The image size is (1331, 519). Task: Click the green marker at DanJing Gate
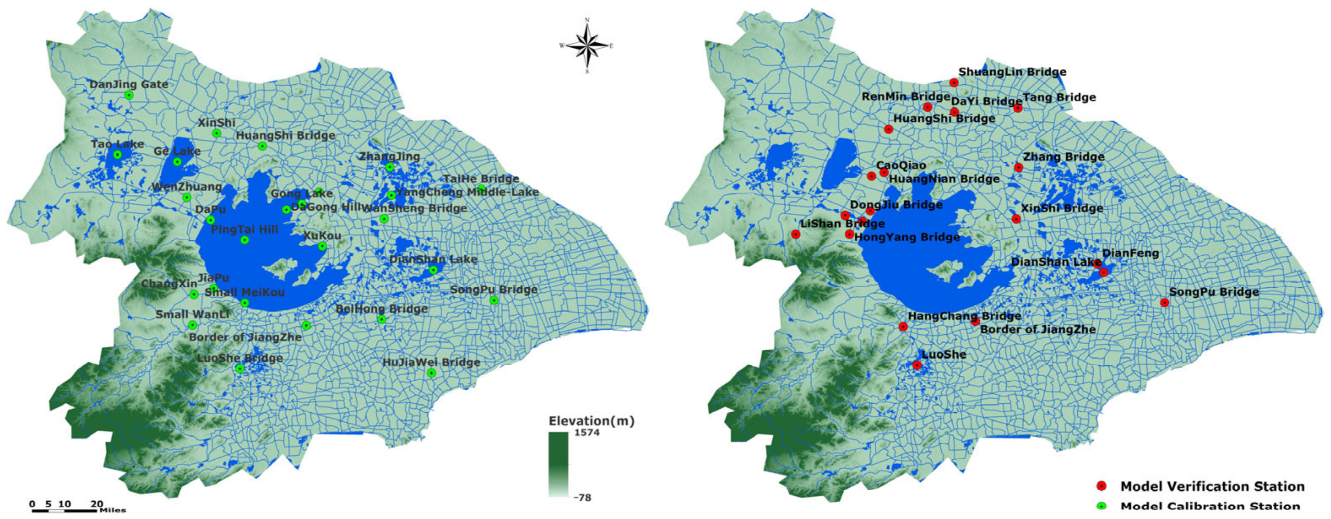click(129, 95)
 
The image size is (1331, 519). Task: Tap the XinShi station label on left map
click(217, 123)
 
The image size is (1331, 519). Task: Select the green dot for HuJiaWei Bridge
click(431, 373)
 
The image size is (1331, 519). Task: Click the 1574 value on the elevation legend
click(587, 433)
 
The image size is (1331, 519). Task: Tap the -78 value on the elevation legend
click(582, 497)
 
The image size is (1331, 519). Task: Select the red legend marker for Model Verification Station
click(1102, 486)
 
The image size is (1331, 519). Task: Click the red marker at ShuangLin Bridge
click(954, 83)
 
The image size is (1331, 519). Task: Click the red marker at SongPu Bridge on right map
click(1165, 302)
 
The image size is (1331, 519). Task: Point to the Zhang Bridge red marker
click(1018, 167)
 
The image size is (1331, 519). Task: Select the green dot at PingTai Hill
click(245, 240)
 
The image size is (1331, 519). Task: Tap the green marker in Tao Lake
click(117, 155)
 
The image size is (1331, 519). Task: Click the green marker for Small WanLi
click(192, 325)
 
